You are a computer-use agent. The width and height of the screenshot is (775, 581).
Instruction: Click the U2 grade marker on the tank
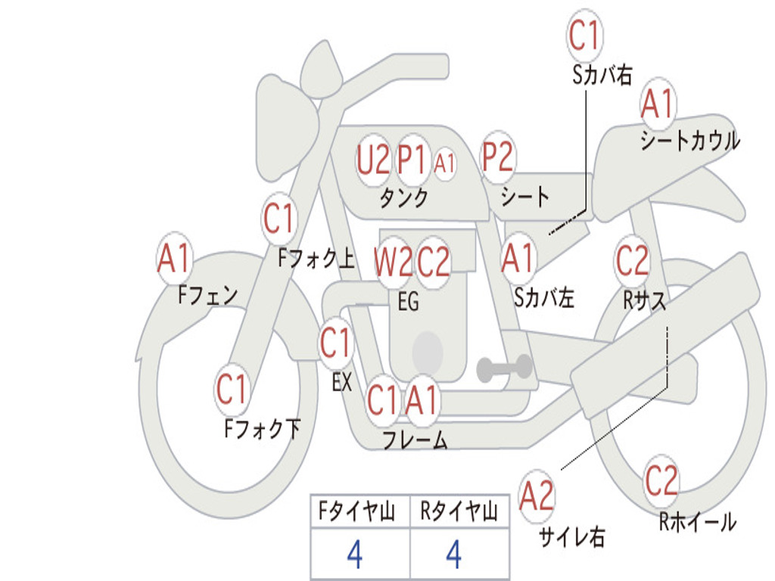point(372,160)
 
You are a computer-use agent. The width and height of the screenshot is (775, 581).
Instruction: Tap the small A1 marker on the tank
point(444,163)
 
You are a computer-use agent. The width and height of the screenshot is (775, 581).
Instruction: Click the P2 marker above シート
point(498,156)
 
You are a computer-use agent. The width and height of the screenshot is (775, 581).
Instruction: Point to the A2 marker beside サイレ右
point(537,496)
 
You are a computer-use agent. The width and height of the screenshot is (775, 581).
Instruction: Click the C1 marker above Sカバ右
point(585,35)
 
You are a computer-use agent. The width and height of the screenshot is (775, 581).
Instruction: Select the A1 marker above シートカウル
point(658,104)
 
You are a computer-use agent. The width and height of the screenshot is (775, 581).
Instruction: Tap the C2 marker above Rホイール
point(661,481)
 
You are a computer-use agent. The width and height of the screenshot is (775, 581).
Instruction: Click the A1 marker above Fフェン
point(174,258)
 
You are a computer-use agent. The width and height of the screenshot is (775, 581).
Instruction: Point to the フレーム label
point(416,440)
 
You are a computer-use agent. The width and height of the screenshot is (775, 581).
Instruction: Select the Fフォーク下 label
point(263,428)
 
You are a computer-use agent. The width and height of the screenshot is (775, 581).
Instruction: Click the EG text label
point(408,301)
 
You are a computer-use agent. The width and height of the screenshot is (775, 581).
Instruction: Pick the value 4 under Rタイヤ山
point(454,555)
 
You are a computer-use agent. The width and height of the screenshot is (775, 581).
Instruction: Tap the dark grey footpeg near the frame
point(504,368)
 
